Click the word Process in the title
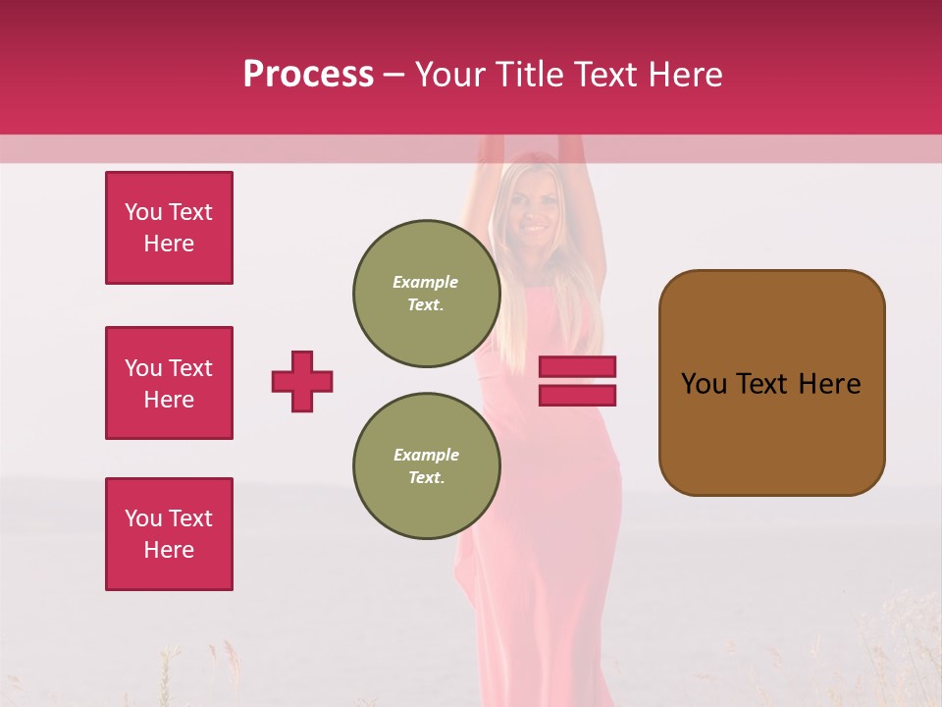[x=308, y=75]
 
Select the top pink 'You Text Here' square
[x=169, y=228]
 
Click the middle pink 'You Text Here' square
[x=169, y=383]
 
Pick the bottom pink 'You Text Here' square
[x=169, y=534]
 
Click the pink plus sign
[x=302, y=381]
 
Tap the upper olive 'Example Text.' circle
[x=426, y=294]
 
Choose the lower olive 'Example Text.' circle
[x=426, y=466]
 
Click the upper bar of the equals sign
[x=577, y=367]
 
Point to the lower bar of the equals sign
[x=577, y=395]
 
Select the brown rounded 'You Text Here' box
[x=771, y=383]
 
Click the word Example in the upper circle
[x=425, y=282]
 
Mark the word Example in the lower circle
[x=426, y=455]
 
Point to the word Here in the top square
[x=169, y=244]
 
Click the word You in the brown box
[x=704, y=384]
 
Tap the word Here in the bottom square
[x=169, y=550]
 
